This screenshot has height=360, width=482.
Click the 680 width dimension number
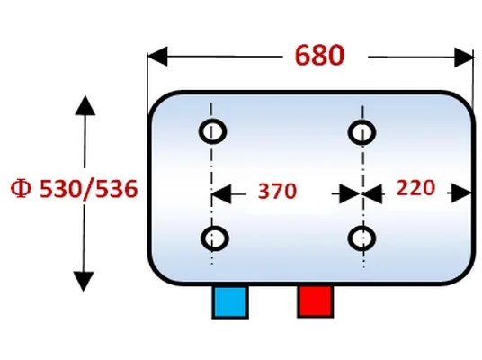(x=319, y=56)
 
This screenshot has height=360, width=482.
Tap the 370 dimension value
(x=277, y=191)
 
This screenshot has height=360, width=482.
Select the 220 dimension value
(x=415, y=188)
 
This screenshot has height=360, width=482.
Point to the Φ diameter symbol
(x=21, y=188)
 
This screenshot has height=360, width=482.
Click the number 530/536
(x=89, y=189)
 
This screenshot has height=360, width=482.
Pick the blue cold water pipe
(x=230, y=301)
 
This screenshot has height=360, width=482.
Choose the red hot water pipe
(x=315, y=301)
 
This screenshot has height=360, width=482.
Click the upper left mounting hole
(x=213, y=131)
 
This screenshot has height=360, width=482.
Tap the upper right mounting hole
(x=361, y=132)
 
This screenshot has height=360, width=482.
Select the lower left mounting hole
(x=215, y=238)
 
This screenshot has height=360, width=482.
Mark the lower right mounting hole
(x=361, y=238)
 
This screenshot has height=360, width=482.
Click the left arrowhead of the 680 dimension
(x=157, y=57)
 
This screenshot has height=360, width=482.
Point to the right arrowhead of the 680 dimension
(x=464, y=58)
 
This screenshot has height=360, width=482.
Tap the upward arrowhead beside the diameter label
(x=85, y=105)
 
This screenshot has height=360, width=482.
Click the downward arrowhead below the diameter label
(x=84, y=281)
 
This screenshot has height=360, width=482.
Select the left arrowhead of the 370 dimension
(x=221, y=194)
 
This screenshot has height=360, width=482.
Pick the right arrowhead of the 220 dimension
(x=461, y=193)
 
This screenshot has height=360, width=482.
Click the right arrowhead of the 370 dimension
(x=350, y=193)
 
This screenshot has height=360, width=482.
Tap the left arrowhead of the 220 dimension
(x=373, y=194)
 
